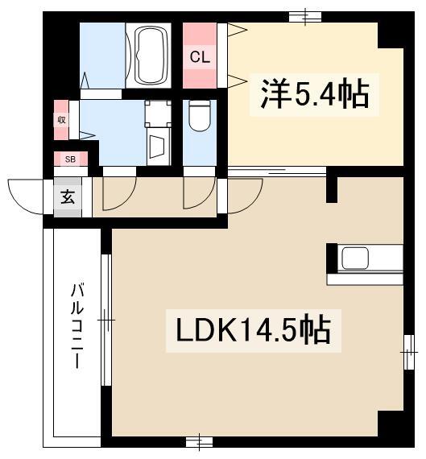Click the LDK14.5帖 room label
pos(250,330)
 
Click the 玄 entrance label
pos(68,196)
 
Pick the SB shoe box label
pos(70,159)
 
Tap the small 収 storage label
pos(61,120)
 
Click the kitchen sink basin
pos(355,258)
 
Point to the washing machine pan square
pos(157,115)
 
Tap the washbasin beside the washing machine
pos(157,147)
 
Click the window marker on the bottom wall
pos(198,441)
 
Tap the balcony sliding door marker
pos(105,320)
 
